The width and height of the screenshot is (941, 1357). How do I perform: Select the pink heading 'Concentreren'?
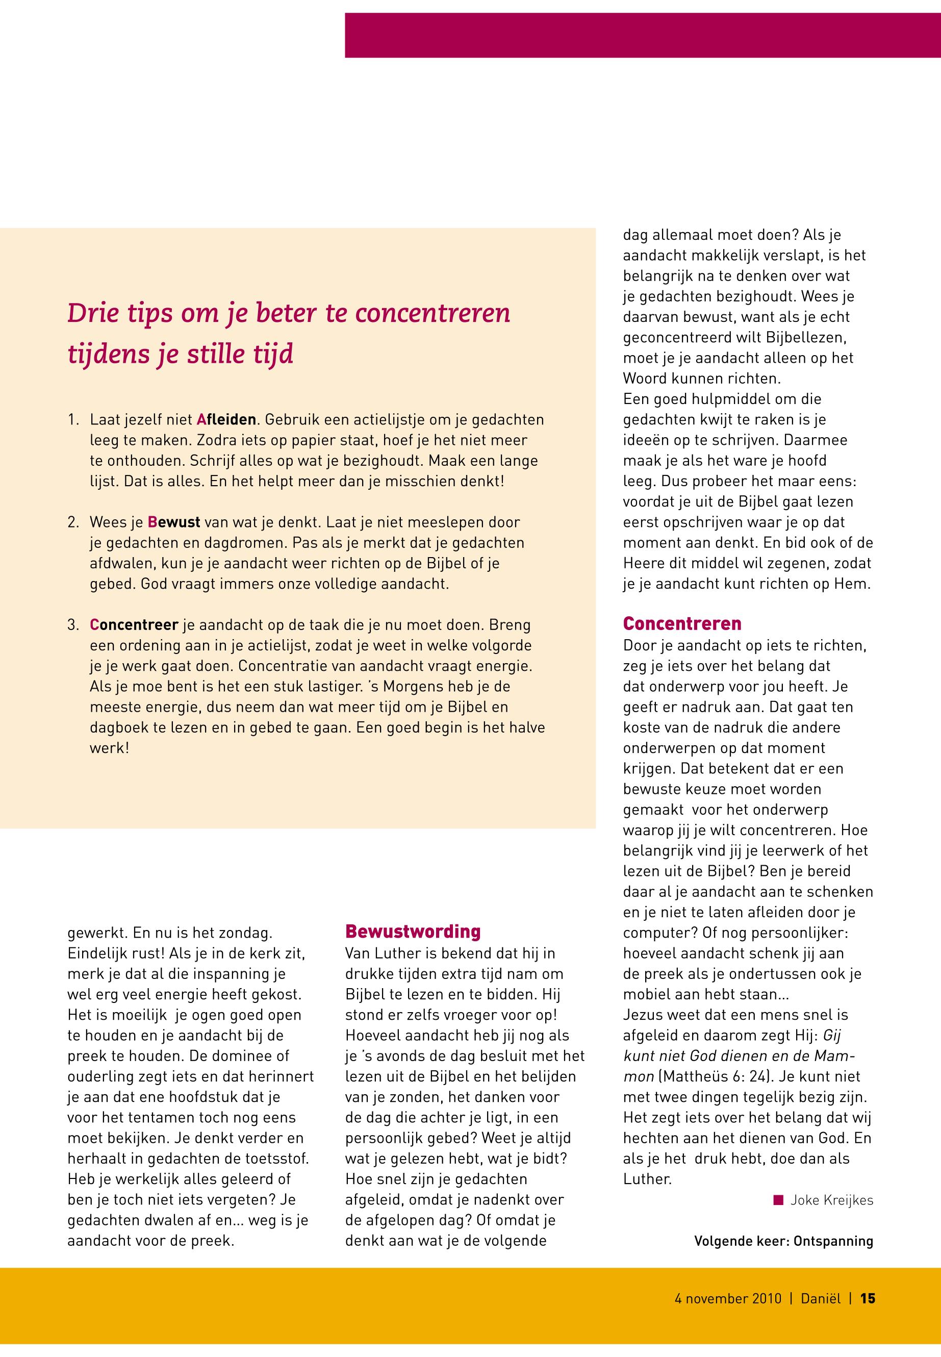coord(682,623)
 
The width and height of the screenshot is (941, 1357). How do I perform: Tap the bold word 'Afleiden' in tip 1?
coord(226,419)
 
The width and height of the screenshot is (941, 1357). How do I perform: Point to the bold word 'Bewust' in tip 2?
coord(174,522)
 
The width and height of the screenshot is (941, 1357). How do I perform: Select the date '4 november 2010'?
coord(728,1298)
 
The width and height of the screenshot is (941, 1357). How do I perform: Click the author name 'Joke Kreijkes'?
coord(831,1200)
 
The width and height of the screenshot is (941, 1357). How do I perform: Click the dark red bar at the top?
coord(643,35)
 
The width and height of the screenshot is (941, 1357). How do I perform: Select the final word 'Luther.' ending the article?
coord(647,1179)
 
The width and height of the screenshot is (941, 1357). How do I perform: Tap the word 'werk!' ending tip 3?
coord(109,748)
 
